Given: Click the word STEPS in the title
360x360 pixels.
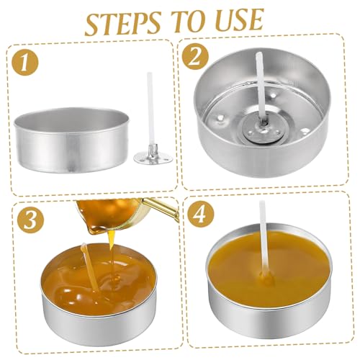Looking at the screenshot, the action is (x=122, y=23).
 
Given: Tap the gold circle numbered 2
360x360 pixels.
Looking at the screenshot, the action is (x=195, y=57).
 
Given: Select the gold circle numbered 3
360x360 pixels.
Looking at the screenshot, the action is (x=31, y=219).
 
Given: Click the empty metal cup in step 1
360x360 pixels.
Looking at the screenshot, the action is (x=72, y=140).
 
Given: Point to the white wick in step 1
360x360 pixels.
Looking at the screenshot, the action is (x=150, y=111).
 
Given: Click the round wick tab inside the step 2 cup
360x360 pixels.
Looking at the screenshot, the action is (x=261, y=128).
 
